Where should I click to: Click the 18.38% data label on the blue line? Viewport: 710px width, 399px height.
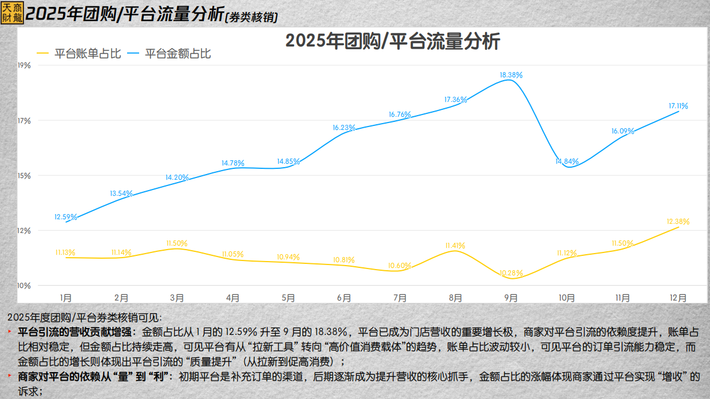pyautogui.click(x=511, y=75)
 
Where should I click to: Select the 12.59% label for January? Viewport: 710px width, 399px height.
pyautogui.click(x=65, y=217)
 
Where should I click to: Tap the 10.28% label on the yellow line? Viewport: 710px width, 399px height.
pyautogui.click(x=511, y=272)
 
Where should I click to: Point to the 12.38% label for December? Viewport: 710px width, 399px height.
pyautogui.click(x=678, y=222)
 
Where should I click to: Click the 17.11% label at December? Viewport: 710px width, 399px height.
pyautogui.click(x=678, y=106)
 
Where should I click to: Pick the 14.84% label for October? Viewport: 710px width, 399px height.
pyautogui.click(x=567, y=161)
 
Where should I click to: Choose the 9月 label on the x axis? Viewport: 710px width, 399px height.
pyautogui.click(x=511, y=298)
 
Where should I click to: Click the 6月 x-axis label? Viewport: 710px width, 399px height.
pyautogui.click(x=344, y=298)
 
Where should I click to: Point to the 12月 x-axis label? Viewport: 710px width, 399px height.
pyautogui.click(x=678, y=298)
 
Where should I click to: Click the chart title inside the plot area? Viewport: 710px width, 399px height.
pyautogui.click(x=393, y=42)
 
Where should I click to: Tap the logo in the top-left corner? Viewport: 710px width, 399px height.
pyautogui.click(x=12, y=12)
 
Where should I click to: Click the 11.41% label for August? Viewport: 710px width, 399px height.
pyautogui.click(x=455, y=246)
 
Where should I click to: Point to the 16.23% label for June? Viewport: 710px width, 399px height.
pyautogui.click(x=344, y=128)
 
